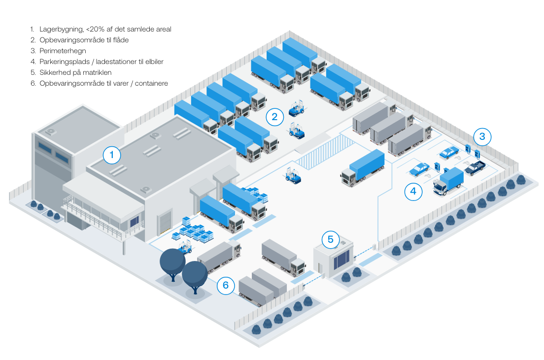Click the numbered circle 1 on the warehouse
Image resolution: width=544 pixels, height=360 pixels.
coord(112,156)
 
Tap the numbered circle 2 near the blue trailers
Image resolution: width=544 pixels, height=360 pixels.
coord(274,117)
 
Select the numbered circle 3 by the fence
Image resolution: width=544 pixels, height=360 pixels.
coord(482,136)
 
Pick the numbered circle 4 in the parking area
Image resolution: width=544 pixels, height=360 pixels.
coord(413,192)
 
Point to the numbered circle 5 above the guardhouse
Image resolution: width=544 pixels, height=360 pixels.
coord(331,240)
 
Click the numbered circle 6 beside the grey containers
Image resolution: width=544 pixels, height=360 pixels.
coord(225,285)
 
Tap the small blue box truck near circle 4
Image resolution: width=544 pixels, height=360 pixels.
coord(448,181)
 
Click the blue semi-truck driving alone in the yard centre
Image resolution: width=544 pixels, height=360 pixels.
coord(363,167)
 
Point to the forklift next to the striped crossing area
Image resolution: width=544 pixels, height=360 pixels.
coord(294,175)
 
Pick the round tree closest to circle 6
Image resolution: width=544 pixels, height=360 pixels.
coord(195,276)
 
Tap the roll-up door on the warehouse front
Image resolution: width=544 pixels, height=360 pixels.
coord(165,222)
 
